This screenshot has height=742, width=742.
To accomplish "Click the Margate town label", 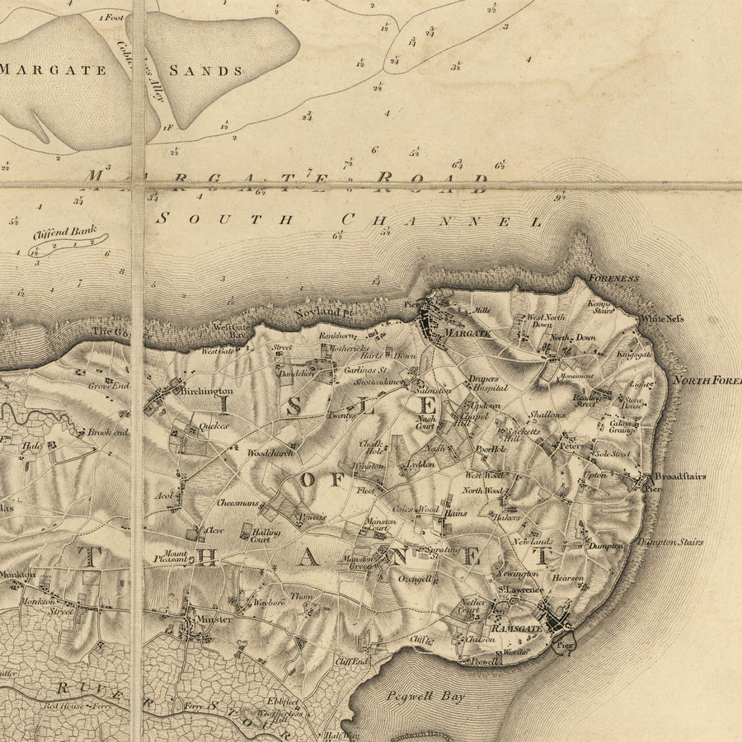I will click(467, 333).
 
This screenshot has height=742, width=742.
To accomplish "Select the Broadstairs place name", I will click(680, 477).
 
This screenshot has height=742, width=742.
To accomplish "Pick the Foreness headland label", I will click(614, 279).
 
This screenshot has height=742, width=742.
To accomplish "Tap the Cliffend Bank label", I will click(65, 232).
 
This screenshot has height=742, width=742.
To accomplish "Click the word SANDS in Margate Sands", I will click(206, 71).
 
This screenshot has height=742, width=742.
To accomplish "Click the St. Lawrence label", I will click(519, 590).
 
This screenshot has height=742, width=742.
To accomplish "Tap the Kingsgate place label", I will click(634, 354).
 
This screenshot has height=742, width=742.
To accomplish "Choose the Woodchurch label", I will click(270, 453).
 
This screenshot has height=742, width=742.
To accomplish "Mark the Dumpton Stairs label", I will click(669, 542).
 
